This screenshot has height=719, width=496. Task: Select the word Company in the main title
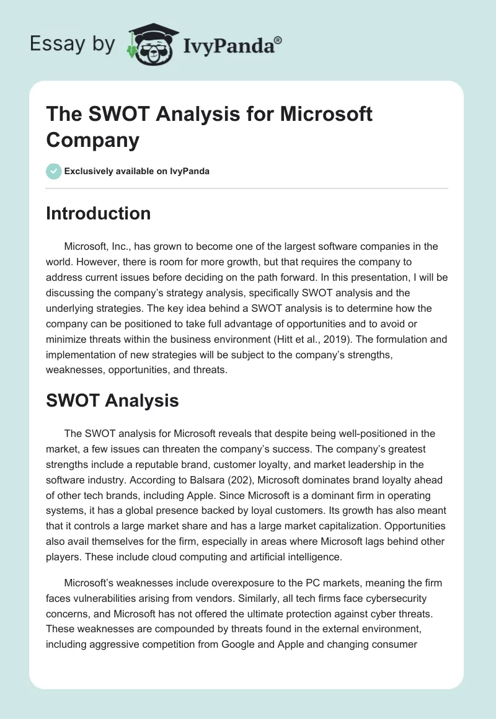click(x=92, y=139)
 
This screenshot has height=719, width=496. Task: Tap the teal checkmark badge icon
click(x=54, y=171)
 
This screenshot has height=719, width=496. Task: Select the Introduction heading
click(x=98, y=213)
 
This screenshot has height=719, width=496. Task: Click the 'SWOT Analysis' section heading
click(x=112, y=400)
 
